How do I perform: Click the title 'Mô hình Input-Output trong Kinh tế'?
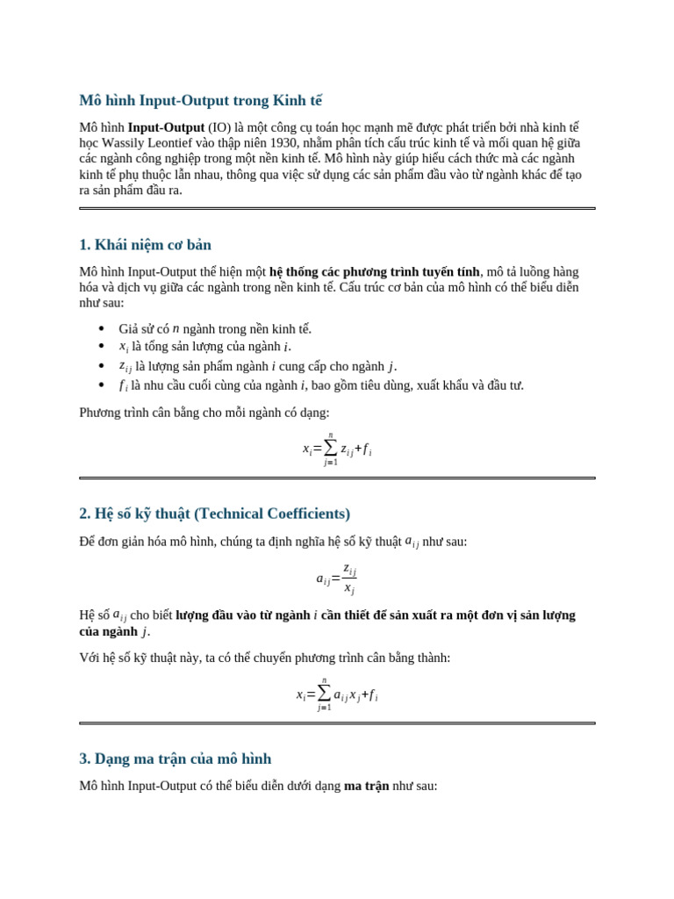click(200, 100)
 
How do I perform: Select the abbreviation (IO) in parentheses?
click(219, 127)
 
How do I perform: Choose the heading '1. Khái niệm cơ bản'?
click(145, 244)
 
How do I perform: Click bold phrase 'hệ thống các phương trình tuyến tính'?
click(374, 271)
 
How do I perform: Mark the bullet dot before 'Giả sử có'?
click(101, 329)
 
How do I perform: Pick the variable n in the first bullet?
click(176, 328)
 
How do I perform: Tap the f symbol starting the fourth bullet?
click(123, 385)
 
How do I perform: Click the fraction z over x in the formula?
click(348, 579)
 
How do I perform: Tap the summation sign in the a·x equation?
click(324, 694)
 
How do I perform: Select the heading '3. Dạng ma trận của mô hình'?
click(175, 759)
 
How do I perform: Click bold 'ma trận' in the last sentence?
click(366, 786)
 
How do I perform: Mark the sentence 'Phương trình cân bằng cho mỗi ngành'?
click(204, 412)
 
